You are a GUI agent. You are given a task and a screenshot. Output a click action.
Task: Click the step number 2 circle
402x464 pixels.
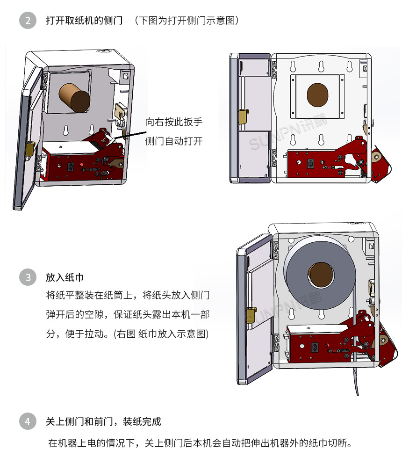coord(28,21)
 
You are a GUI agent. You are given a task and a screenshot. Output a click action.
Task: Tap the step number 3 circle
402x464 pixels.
coord(28,277)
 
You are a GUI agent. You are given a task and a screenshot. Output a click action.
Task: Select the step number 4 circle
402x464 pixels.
coord(28,421)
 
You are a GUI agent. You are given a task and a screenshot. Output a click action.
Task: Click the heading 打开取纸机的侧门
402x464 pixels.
coord(84,21)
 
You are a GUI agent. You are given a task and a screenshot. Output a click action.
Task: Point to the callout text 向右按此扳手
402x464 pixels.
coord(174,122)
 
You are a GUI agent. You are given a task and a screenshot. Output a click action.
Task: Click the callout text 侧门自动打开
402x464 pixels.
coord(174,141)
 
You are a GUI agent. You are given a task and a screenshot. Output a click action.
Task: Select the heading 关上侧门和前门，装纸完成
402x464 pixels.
coord(103,421)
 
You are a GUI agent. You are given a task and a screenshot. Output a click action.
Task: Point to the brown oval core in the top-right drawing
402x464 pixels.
coord(318,95)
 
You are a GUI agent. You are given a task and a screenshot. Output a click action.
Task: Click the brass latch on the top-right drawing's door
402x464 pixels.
coord(244,117)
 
